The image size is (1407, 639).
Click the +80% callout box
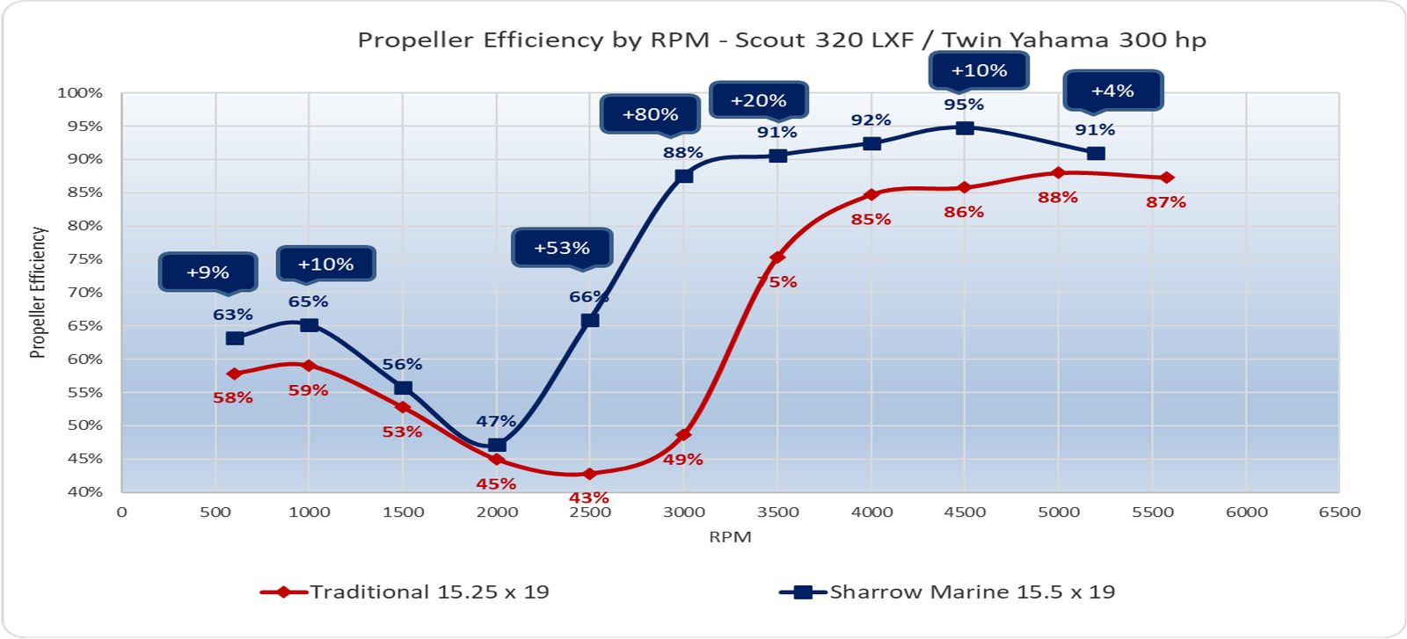click(650, 114)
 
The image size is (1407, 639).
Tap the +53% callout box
click(562, 248)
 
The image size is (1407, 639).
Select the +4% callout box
click(1112, 91)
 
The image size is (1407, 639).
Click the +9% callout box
click(208, 272)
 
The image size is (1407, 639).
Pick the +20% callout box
click(758, 101)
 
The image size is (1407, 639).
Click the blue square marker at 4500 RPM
click(965, 127)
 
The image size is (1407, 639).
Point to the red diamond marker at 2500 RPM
click(589, 474)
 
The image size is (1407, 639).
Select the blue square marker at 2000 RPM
click(497, 445)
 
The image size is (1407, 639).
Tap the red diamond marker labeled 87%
click(1167, 178)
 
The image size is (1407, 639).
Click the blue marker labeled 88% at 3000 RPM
click(684, 176)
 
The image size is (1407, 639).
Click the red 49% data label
click(683, 460)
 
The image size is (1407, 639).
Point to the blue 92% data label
click(871, 120)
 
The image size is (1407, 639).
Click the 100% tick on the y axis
click(80, 93)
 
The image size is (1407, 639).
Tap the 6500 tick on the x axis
click(1339, 512)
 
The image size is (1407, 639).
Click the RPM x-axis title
click(730, 537)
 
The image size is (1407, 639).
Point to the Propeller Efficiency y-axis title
click(38, 293)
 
